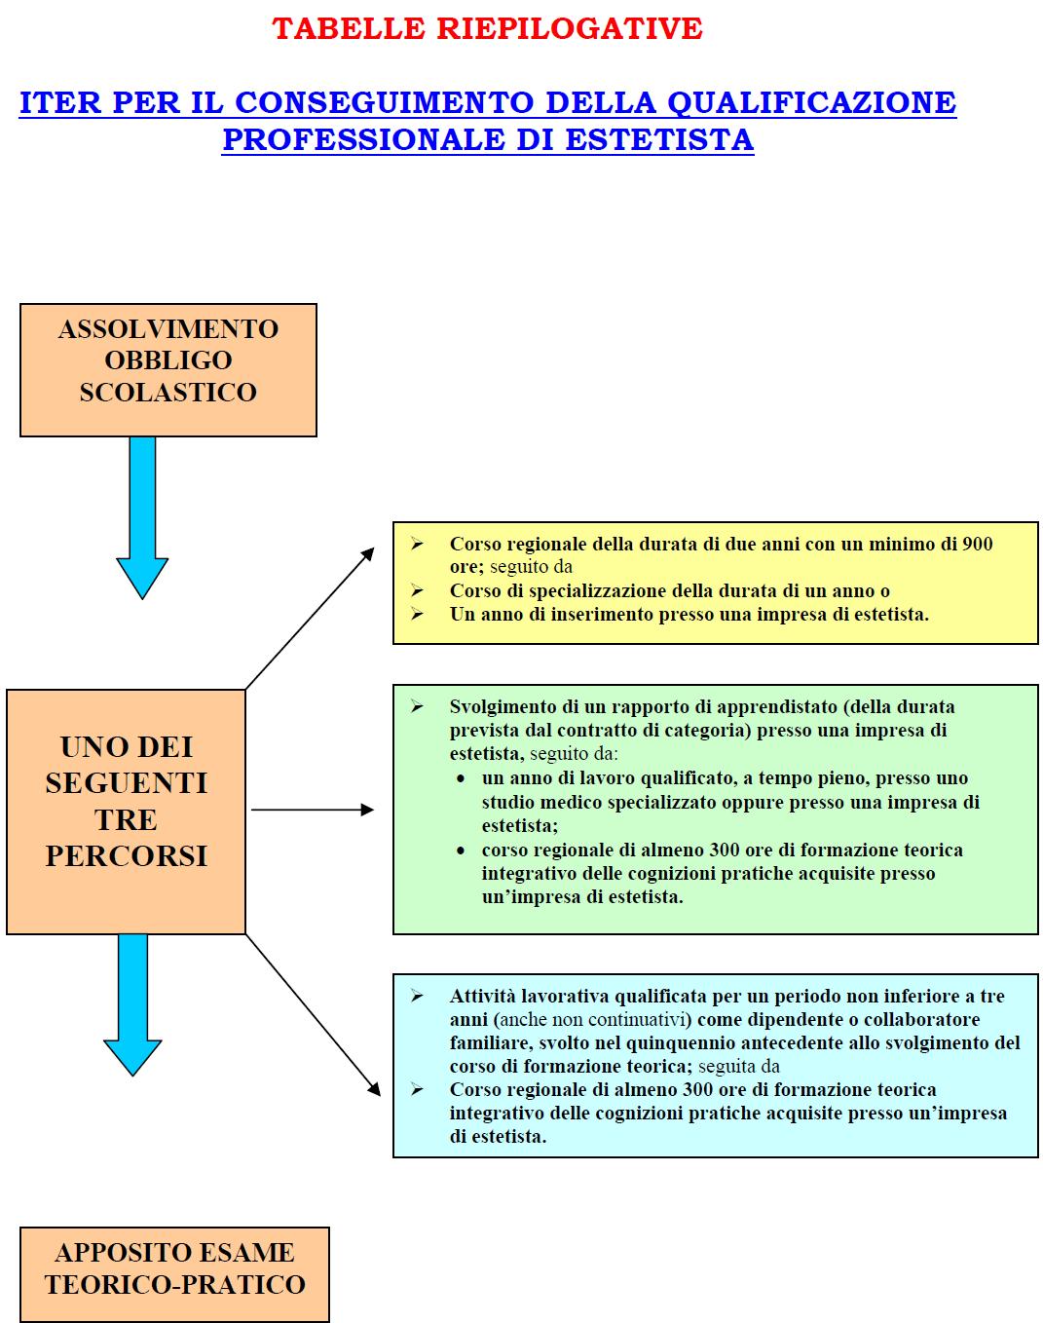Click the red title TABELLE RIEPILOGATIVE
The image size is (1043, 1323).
coord(487,28)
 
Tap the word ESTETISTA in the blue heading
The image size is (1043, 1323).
coord(659,139)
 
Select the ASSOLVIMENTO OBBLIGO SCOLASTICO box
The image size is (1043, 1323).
coord(168,369)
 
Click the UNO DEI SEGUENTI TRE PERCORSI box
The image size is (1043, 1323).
coord(126,811)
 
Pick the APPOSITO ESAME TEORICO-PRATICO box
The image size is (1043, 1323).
coord(174,1273)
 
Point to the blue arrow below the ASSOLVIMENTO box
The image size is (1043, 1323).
coord(142,516)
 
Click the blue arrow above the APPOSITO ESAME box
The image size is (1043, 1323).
coord(132,1003)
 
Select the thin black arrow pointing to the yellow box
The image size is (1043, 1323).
coord(310,618)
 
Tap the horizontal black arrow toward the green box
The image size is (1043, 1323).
coord(312,810)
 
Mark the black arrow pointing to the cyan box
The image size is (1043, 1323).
coord(314,1016)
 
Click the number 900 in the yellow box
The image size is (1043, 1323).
coord(977,544)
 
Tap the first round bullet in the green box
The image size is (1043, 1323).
coord(461,778)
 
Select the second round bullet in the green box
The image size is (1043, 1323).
coord(461,850)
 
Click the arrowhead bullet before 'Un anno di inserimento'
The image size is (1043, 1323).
coord(417,614)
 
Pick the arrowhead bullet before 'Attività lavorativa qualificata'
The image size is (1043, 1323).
coord(417,996)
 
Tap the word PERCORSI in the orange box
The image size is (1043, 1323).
coord(127,855)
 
